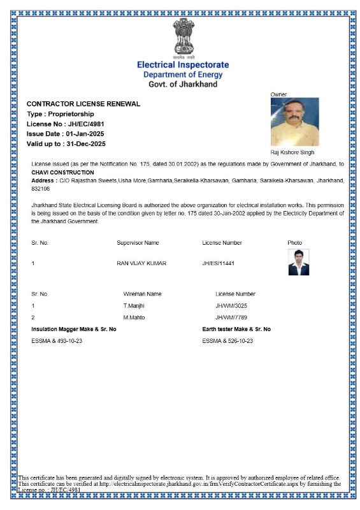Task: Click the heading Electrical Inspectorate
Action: click(183, 65)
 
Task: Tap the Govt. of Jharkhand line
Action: click(183, 84)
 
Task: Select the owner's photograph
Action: click(294, 122)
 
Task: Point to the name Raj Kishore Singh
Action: click(292, 153)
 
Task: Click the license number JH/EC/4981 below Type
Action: click(86, 124)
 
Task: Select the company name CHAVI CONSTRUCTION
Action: click(62, 172)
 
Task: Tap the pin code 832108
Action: click(41, 189)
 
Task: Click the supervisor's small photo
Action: click(298, 262)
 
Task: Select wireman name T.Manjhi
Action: click(134, 306)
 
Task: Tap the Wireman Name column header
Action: click(142, 294)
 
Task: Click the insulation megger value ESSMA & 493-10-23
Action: click(57, 341)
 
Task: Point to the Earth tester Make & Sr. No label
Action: click(236, 329)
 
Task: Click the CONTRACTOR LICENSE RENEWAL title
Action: click(83, 104)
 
